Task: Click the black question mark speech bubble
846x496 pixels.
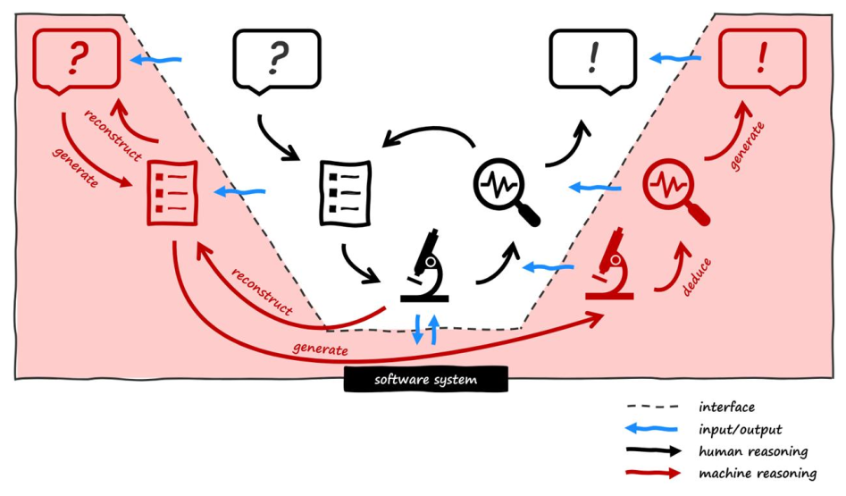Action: [x=276, y=59]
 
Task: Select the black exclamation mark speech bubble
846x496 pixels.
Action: [x=592, y=59]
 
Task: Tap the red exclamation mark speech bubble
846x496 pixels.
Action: [x=761, y=59]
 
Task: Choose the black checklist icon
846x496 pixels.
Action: [x=345, y=192]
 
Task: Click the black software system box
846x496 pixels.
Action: [x=426, y=380]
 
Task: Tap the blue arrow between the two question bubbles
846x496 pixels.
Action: [x=155, y=60]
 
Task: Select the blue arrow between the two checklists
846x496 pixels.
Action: [x=239, y=191]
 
